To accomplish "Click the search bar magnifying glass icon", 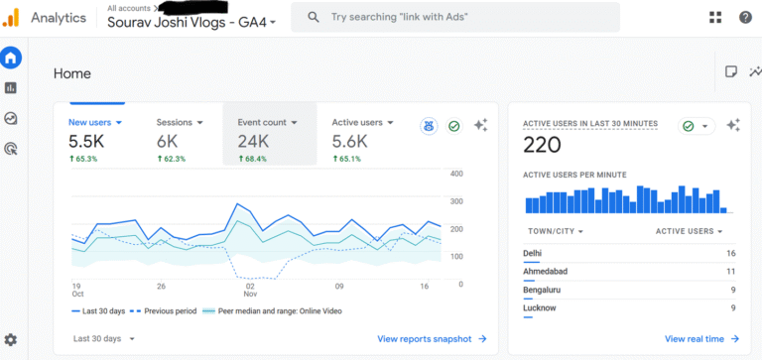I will (x=314, y=17).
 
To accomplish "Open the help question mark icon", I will (x=745, y=17).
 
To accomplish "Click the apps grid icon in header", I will (x=715, y=17).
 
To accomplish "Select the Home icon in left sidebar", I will (x=11, y=58).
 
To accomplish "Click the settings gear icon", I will (x=11, y=339).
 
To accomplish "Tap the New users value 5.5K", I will (x=85, y=142).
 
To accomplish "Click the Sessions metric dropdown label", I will (x=180, y=122).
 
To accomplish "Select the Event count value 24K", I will (x=253, y=142).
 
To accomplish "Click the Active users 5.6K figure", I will (x=350, y=142).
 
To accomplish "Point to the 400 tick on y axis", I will (x=456, y=174).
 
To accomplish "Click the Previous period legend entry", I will (x=167, y=310).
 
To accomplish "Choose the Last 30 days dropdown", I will (x=103, y=338).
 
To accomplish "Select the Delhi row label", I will (x=533, y=253).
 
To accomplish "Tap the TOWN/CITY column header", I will (x=554, y=231).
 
